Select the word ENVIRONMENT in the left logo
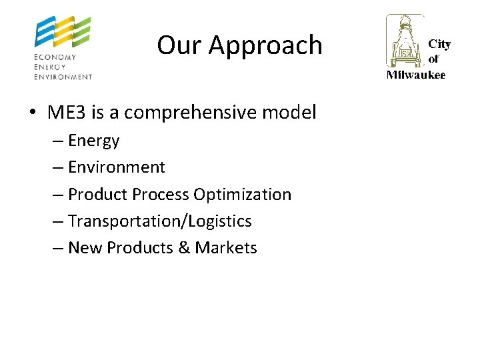(63, 77)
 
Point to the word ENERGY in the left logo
(51, 67)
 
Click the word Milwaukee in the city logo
(416, 75)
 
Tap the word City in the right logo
(439, 44)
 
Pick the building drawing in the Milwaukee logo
(405, 41)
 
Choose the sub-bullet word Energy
(94, 141)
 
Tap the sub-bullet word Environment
(117, 167)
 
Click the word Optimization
(242, 195)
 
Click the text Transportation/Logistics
(160, 221)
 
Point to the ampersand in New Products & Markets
(184, 248)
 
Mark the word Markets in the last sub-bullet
(226, 248)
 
